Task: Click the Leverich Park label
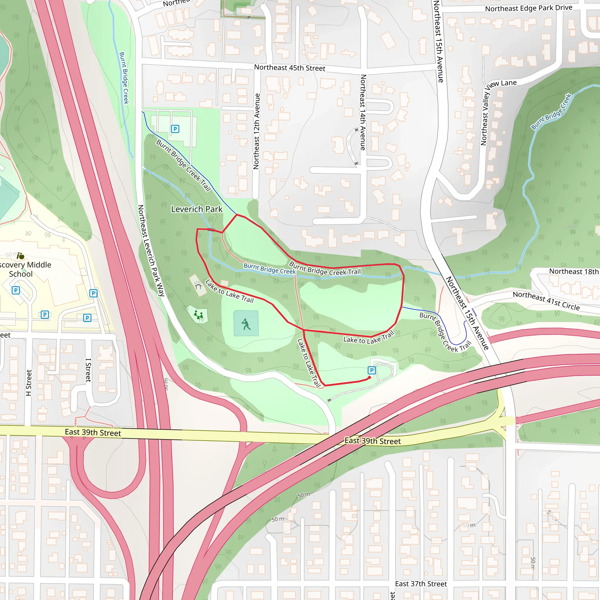click(x=197, y=209)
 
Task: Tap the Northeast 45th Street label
click(x=289, y=68)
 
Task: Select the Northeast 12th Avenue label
click(x=256, y=131)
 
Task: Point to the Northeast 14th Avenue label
click(x=363, y=112)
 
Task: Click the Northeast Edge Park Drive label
click(x=529, y=8)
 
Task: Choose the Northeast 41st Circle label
click(x=546, y=301)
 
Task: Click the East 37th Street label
click(x=421, y=584)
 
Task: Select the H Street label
click(x=29, y=383)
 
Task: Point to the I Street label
click(x=88, y=370)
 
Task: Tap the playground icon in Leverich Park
click(x=198, y=315)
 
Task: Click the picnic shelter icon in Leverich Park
click(x=198, y=285)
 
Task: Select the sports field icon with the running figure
click(x=246, y=324)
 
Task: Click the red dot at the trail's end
click(x=369, y=378)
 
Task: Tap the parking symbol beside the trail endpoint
click(x=371, y=370)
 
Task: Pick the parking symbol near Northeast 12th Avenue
click(x=175, y=129)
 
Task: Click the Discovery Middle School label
click(x=25, y=269)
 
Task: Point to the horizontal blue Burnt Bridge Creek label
click(x=270, y=269)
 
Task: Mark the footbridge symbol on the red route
click(x=211, y=230)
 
